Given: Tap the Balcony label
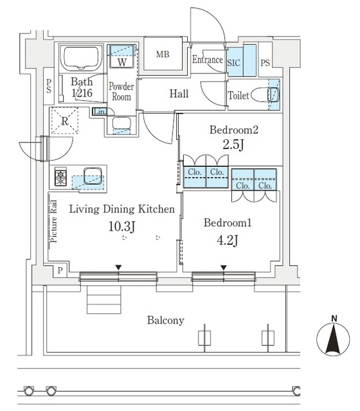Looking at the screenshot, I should click(165, 320).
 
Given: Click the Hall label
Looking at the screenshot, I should click(179, 94).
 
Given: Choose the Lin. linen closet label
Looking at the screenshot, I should click(100, 112).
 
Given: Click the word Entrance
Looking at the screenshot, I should click(207, 60).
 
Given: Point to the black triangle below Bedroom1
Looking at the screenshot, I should click(224, 268).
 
